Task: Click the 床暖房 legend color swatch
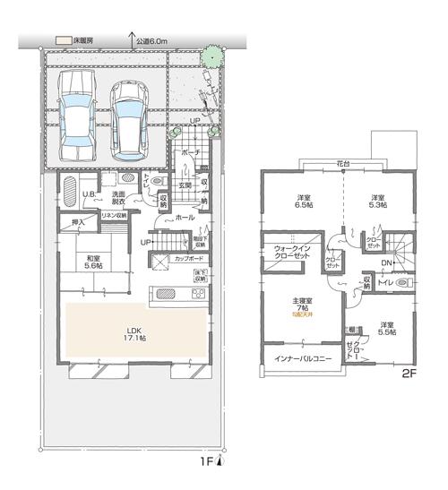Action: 63,41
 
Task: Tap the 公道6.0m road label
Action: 154,40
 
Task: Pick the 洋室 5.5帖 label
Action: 386,329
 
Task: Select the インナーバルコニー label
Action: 296,357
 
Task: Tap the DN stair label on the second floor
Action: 384,262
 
